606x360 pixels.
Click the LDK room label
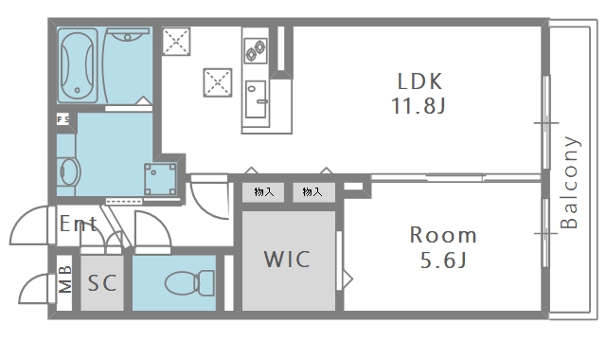coord(419,81)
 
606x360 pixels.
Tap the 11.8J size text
coord(419,105)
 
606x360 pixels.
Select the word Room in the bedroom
coord(443,235)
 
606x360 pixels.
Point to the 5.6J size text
coord(443,260)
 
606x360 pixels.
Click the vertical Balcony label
coord(570,182)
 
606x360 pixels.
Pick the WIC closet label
coord(287,259)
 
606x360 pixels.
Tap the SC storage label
coord(102,283)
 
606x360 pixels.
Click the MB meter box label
coord(64,279)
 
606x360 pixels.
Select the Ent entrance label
coord(79,224)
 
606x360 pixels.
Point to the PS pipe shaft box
coord(63,119)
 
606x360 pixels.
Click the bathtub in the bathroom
coord(78,65)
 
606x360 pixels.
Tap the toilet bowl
coord(189,283)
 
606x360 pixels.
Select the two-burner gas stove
coord(256,50)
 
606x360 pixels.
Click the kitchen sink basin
coord(256,99)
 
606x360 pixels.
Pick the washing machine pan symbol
coord(160,179)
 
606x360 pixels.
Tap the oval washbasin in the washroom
coord(69,171)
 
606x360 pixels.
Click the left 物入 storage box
coord(263,192)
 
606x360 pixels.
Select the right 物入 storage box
coord(313,192)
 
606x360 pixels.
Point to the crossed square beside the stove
coord(218,82)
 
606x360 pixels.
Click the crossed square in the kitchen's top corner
coord(176,41)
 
